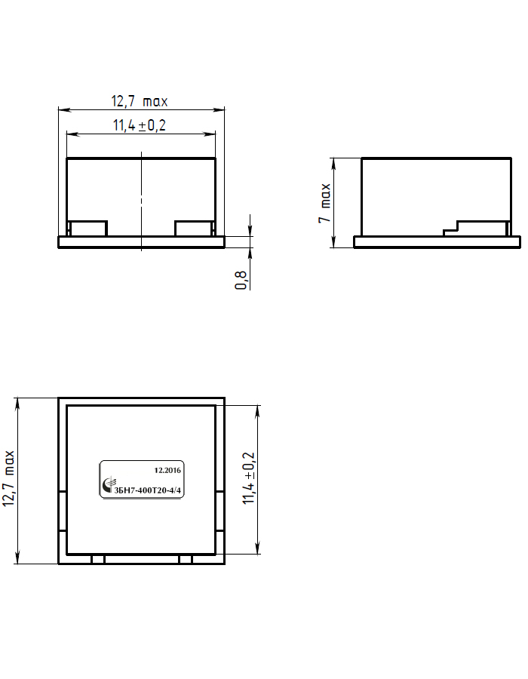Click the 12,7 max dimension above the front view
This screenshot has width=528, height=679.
click(x=140, y=101)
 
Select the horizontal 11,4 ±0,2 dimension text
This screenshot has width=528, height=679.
click(x=140, y=125)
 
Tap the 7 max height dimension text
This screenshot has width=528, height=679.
click(x=324, y=203)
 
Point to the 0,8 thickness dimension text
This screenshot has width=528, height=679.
click(x=241, y=280)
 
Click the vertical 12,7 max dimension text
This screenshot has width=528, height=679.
click(x=8, y=478)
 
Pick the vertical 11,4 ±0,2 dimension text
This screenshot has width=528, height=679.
click(x=249, y=478)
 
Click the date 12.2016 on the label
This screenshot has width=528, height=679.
click(x=167, y=470)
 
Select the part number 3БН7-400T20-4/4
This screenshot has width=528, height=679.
click(x=147, y=490)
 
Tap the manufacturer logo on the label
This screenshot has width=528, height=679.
click(x=108, y=485)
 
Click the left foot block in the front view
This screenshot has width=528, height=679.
click(x=89, y=229)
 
